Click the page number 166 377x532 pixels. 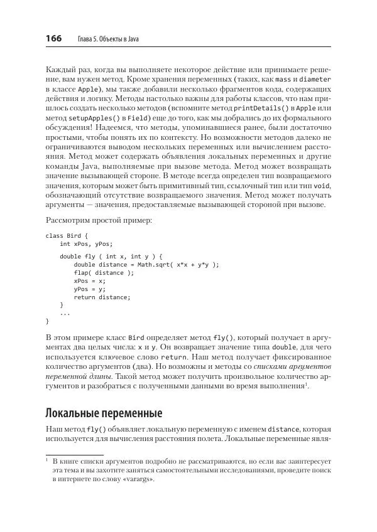[x=53, y=39]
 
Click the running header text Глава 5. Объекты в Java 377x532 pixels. [x=107, y=40]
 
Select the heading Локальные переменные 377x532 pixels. [x=104, y=413]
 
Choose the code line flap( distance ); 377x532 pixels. [x=104, y=273]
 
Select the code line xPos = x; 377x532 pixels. [x=90, y=281]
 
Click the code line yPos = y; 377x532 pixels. [x=90, y=289]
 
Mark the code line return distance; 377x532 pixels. [x=102, y=297]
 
